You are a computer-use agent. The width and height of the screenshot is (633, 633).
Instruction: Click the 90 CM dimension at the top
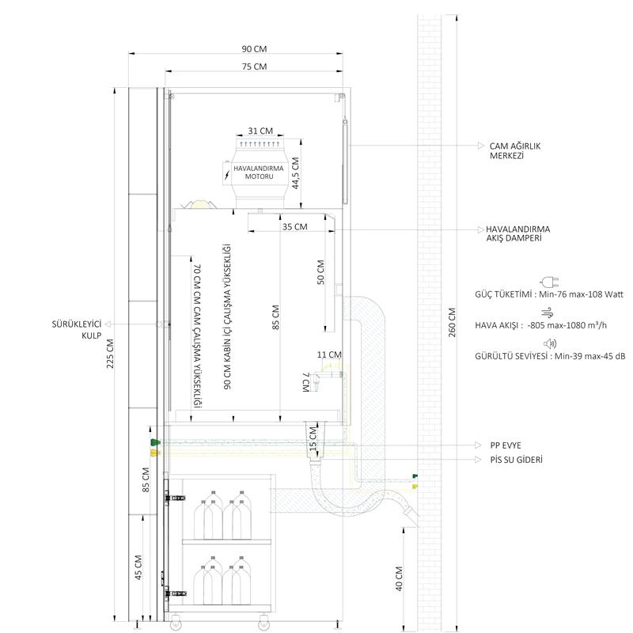254,49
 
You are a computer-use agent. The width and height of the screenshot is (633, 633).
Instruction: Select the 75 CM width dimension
254,66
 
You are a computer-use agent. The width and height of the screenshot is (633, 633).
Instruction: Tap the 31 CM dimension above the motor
260,131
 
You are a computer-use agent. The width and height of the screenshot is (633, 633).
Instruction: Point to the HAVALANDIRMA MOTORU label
259,172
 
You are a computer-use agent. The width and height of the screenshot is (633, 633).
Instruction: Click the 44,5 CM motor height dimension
296,173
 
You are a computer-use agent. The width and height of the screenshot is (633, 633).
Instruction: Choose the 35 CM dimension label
294,227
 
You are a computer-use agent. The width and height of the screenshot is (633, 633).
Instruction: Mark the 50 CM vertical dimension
321,272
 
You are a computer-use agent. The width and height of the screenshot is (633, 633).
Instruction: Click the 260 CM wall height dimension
452,323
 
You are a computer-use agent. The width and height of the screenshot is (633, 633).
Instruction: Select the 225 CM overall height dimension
110,354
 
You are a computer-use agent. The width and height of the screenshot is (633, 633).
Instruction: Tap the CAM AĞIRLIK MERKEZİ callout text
515,151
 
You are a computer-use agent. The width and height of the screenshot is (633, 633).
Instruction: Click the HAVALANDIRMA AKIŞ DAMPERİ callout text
518,233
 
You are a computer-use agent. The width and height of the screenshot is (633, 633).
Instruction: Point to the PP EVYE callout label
506,445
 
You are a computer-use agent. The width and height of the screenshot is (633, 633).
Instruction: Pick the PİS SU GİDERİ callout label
517,460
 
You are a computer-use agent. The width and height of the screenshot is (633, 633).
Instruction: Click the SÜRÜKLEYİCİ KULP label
77,329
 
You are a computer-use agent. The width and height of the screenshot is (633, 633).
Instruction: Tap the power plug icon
549,282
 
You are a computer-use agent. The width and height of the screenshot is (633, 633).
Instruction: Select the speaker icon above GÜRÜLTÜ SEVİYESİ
550,343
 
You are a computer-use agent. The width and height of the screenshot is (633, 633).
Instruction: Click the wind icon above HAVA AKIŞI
548,312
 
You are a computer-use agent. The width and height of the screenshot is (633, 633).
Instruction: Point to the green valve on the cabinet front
155,442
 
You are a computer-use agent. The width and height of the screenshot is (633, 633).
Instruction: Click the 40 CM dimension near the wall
399,578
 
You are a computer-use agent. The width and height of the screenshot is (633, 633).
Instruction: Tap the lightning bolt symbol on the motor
227,175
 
